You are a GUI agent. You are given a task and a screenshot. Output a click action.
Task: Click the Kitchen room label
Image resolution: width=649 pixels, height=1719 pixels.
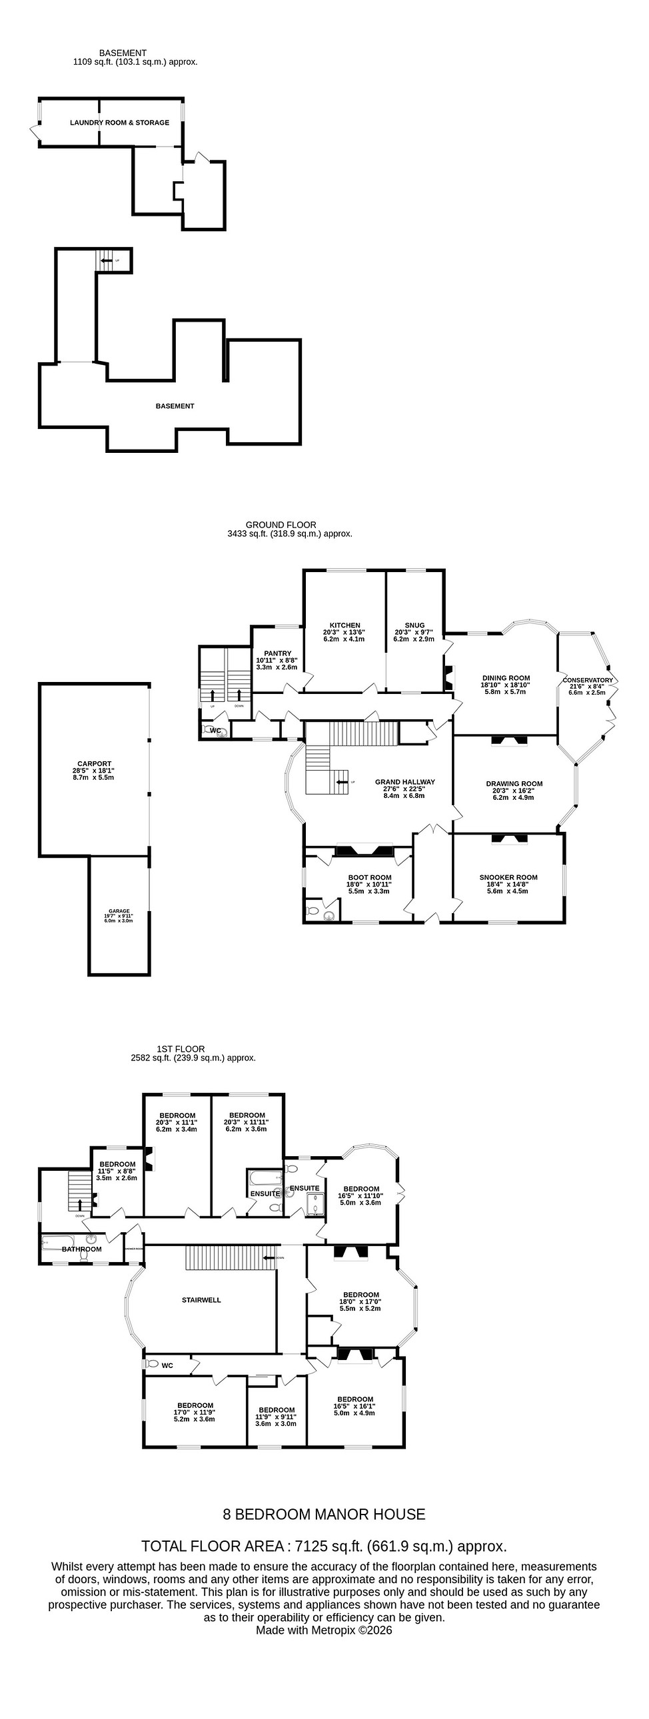pyautogui.click(x=344, y=625)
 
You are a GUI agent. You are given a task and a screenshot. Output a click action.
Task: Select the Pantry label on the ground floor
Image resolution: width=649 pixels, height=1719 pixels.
pyautogui.click(x=277, y=653)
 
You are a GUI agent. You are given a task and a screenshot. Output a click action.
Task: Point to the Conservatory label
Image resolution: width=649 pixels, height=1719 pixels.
pyautogui.click(x=587, y=680)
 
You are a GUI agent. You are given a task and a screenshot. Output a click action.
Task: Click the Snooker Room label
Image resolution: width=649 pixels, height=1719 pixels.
pyautogui.click(x=508, y=878)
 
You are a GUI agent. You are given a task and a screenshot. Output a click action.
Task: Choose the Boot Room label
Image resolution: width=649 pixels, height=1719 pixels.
pyautogui.click(x=369, y=878)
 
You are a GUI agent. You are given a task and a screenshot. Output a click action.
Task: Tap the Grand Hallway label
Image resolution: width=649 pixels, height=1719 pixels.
pyautogui.click(x=404, y=781)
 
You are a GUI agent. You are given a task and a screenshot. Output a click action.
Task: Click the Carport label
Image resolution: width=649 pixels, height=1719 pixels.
pyautogui.click(x=93, y=764)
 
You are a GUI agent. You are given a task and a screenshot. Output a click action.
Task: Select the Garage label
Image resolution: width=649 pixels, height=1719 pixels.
pyautogui.click(x=119, y=911)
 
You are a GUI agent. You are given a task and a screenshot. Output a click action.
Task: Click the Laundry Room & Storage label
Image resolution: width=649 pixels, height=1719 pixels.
pyautogui.click(x=119, y=123)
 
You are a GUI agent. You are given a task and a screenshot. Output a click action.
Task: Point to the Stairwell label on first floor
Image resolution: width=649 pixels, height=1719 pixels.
pyautogui.click(x=201, y=1300)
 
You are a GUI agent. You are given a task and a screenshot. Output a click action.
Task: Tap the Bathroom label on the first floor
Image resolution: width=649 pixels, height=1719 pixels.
pyautogui.click(x=81, y=1249)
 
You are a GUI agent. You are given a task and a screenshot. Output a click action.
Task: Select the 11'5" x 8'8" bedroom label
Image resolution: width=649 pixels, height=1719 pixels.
pyautogui.click(x=117, y=1164)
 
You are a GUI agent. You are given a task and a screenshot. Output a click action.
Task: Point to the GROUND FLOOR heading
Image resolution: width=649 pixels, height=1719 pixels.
pyautogui.click(x=281, y=525)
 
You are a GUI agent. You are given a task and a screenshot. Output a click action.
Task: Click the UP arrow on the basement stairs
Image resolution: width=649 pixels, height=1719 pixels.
pyautogui.click(x=106, y=260)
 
